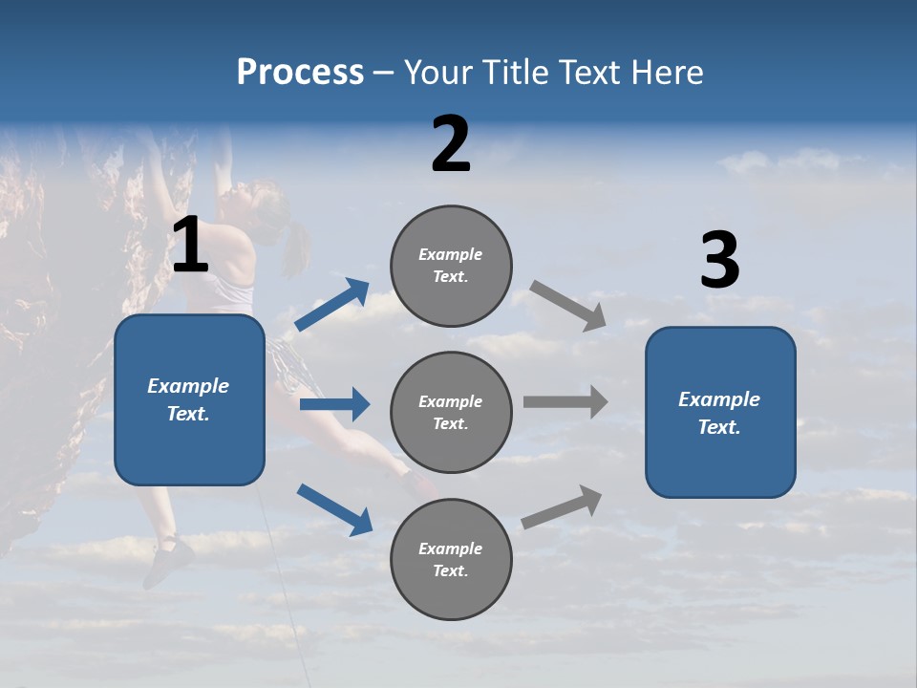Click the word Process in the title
[300, 72]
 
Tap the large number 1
[190, 245]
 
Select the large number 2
[451, 144]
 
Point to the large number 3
[719, 261]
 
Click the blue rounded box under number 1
[189, 399]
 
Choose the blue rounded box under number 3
[720, 412]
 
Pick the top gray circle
[451, 266]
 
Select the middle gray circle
[451, 412]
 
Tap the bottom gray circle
[451, 559]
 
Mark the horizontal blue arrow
[334, 404]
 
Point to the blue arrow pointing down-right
[334, 509]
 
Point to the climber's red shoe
[417, 484]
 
